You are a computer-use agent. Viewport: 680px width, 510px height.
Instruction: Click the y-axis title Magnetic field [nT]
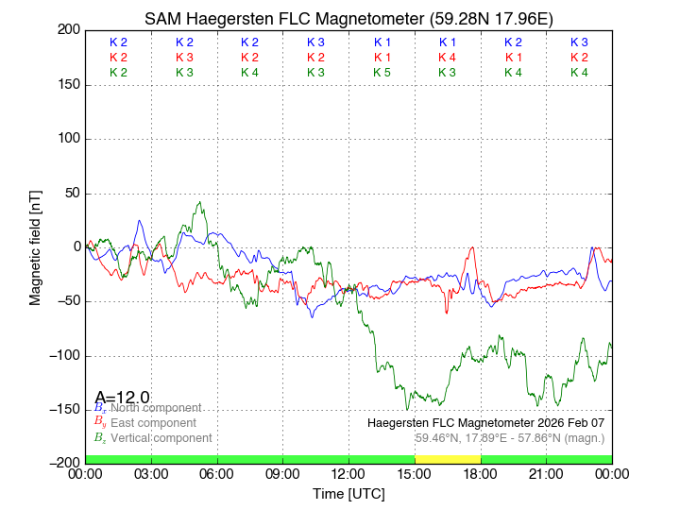(35, 246)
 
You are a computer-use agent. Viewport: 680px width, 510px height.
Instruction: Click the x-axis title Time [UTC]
(348, 494)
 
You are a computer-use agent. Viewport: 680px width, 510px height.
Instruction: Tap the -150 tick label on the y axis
(64, 409)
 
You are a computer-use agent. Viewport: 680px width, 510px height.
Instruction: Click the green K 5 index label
(382, 73)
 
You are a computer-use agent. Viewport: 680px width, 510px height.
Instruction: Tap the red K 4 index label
(448, 58)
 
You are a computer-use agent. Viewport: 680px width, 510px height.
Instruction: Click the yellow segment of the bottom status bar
(448, 459)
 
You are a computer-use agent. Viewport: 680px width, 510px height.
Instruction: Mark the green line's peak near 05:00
(199, 202)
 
